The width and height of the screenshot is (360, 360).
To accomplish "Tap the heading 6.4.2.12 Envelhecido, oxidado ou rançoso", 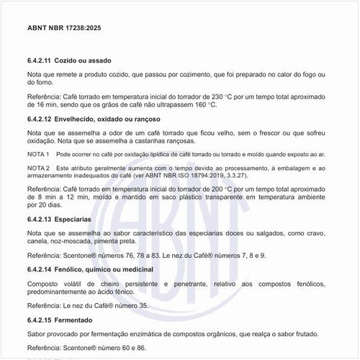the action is tap(93, 118).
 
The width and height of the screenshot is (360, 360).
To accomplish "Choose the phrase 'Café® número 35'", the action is tap(125, 305).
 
